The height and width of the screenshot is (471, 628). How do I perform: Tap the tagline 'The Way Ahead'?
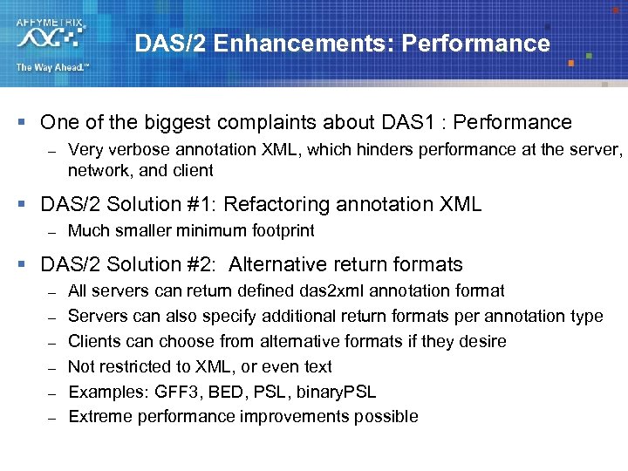[x=51, y=67]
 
